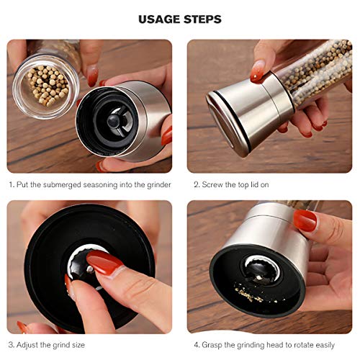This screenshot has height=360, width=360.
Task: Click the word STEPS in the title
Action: pos(204,19)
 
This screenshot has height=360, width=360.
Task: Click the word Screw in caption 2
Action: pos(213,184)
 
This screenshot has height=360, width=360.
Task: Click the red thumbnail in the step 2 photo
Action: pos(257,71)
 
